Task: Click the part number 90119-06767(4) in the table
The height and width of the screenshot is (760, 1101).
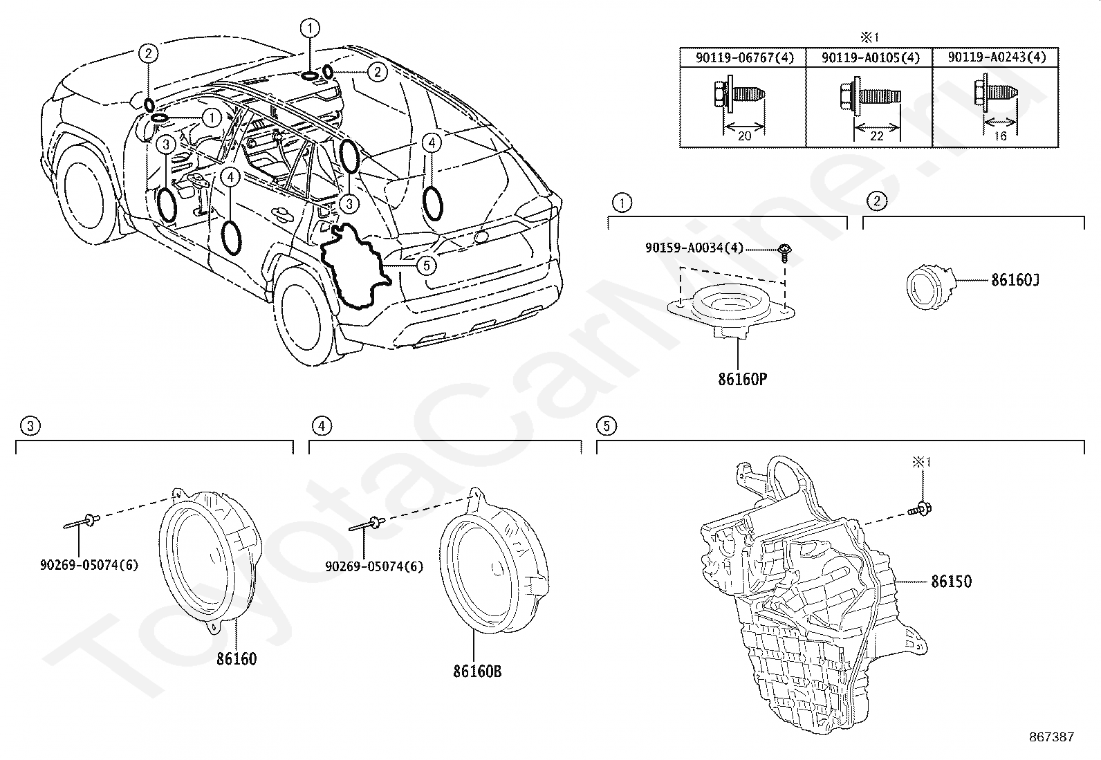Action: [x=744, y=58]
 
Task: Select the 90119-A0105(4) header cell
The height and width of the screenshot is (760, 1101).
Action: [x=870, y=58]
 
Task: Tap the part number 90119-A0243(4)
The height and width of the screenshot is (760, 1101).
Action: [x=997, y=57]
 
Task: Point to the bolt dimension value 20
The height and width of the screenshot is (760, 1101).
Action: [x=745, y=136]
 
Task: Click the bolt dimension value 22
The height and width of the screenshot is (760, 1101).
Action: [x=877, y=136]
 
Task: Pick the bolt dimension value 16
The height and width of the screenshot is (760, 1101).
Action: [x=1000, y=136]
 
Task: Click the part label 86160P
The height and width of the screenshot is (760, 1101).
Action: [x=742, y=380]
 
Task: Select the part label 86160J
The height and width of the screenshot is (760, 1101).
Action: [x=1015, y=280]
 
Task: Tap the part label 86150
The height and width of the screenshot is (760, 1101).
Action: [x=951, y=582]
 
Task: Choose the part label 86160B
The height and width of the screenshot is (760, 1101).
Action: [x=477, y=671]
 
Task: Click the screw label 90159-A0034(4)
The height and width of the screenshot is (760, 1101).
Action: [x=694, y=248]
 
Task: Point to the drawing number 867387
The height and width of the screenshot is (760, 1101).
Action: [x=1051, y=737]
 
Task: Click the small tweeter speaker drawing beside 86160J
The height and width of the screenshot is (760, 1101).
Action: [x=931, y=286]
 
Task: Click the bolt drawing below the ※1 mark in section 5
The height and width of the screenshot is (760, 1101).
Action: [x=920, y=510]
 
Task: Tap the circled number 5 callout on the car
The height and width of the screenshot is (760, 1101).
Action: [x=426, y=266]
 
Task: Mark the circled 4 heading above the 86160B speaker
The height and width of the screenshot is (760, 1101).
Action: [x=322, y=426]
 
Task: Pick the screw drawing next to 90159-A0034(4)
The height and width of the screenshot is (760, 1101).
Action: [x=784, y=252]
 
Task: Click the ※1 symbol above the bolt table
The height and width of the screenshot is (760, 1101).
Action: [x=869, y=37]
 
